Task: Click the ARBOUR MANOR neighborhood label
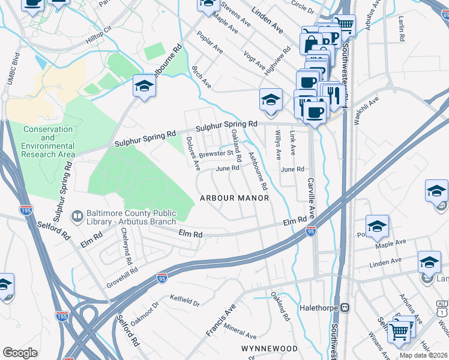[234, 198]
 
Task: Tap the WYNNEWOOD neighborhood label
[270, 349]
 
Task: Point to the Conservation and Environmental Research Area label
[48, 142]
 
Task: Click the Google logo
[20, 352]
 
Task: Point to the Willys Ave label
[277, 145]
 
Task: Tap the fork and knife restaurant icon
[331, 94]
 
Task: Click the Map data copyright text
[424, 355]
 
